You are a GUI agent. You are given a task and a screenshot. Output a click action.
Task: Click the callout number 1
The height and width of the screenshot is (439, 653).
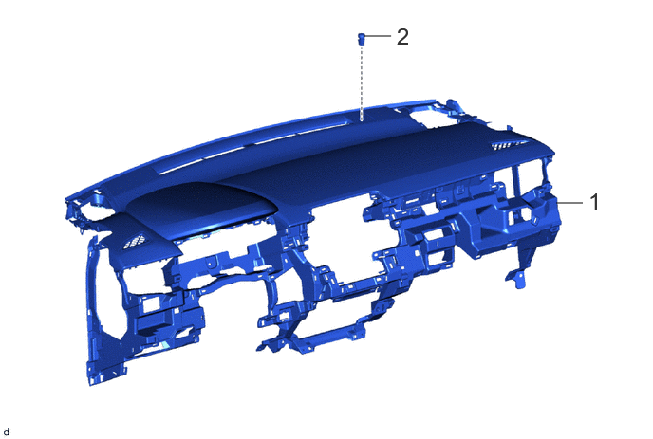(x=595, y=202)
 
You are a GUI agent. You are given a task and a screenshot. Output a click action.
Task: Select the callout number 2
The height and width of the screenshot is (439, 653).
(x=402, y=37)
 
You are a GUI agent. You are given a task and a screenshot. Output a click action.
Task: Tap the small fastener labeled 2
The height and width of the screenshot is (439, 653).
(x=362, y=39)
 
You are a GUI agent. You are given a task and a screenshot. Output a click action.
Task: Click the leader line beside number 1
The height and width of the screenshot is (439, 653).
(x=570, y=203)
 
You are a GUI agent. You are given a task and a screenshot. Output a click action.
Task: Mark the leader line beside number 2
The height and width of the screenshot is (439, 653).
(x=379, y=36)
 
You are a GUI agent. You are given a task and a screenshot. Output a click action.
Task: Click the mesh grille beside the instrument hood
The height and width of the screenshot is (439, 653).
(x=134, y=242)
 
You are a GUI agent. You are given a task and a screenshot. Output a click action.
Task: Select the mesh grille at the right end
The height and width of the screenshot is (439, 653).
(x=507, y=145)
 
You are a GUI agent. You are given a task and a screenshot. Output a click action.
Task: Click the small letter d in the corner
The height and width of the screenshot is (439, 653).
(x=7, y=432)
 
